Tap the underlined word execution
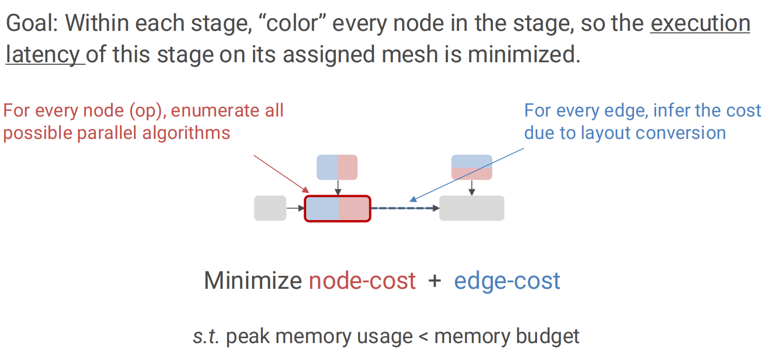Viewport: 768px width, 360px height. (700, 23)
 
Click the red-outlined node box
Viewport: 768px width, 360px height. (337, 209)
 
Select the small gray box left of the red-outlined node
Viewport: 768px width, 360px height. (270, 208)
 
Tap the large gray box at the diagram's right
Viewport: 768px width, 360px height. (471, 208)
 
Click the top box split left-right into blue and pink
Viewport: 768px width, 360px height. (337, 167)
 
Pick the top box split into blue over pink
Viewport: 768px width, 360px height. (471, 167)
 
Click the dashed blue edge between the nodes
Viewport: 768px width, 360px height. (404, 208)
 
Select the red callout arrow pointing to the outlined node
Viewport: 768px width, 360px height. (281, 174)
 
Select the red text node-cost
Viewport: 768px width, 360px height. (362, 281)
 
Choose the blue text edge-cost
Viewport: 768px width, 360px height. (507, 281)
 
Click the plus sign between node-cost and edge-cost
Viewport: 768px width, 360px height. (435, 281)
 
